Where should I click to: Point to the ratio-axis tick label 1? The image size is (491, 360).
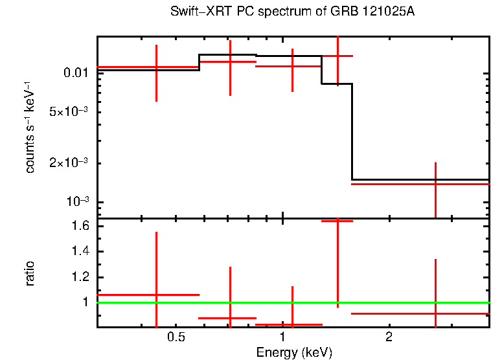click(84, 302)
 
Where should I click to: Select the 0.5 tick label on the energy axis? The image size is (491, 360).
click(176, 338)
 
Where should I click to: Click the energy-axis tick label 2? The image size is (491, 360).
click(389, 338)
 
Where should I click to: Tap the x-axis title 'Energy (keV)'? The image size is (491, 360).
click(294, 352)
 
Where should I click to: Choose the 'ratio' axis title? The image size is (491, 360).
click(30, 273)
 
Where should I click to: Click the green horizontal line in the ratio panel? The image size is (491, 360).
click(389, 302)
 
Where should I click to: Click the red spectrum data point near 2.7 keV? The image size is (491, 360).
click(435, 184)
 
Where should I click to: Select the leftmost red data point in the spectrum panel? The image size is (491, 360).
click(156, 67)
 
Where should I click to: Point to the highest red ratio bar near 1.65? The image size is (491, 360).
click(337, 221)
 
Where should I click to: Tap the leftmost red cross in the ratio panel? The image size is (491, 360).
click(156, 295)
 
